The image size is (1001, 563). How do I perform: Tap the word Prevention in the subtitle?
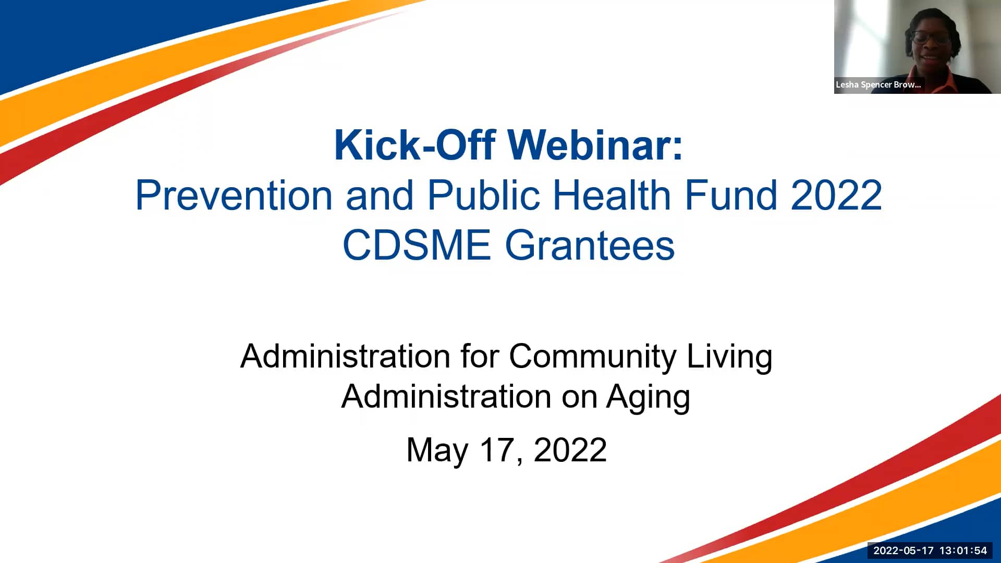pyautogui.click(x=234, y=195)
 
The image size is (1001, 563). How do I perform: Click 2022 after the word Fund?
pyautogui.click(x=836, y=195)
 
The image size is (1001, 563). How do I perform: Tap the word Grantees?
pyautogui.click(x=590, y=246)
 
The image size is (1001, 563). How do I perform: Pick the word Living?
pyautogui.click(x=729, y=357)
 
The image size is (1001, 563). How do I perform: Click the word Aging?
pyautogui.click(x=648, y=398)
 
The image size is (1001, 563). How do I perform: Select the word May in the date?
pyautogui.click(x=437, y=450)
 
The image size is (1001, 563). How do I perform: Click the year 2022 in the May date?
pyautogui.click(x=570, y=450)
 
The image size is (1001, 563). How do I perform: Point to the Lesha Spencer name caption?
pyautogui.click(x=878, y=84)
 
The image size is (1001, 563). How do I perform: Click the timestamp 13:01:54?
pyautogui.click(x=963, y=550)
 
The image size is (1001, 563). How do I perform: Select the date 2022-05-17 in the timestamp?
pyautogui.click(x=903, y=550)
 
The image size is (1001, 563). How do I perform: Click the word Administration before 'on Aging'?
pyautogui.click(x=446, y=397)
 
